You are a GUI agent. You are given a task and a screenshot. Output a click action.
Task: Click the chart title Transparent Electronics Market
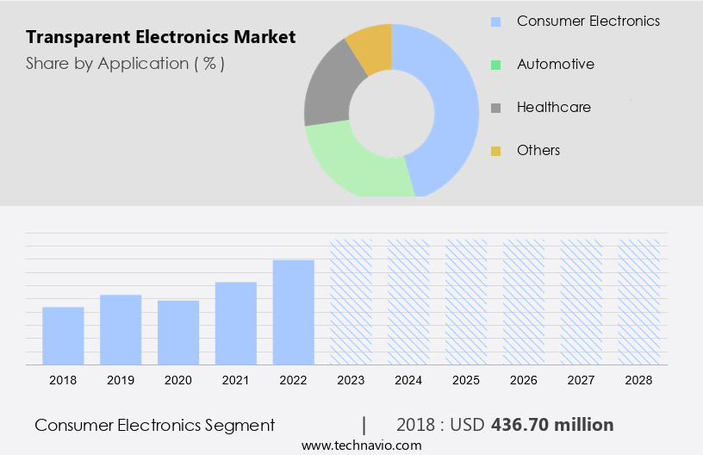click(160, 37)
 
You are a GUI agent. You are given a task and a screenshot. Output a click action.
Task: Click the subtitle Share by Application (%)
click(125, 64)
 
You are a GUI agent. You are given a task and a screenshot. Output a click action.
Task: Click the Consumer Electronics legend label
click(588, 21)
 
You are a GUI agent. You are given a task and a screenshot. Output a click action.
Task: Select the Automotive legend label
click(555, 64)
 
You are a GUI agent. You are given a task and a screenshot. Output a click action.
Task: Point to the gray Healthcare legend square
click(495, 108)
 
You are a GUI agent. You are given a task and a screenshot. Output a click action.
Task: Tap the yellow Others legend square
click(495, 151)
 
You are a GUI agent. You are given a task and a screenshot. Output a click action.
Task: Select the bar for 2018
click(63, 335)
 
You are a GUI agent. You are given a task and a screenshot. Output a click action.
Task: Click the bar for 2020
click(178, 332)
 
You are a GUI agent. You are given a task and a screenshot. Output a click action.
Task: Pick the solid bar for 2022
click(294, 312)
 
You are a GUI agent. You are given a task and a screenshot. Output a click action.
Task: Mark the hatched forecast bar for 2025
click(466, 302)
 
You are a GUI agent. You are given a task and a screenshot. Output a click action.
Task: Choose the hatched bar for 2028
click(639, 302)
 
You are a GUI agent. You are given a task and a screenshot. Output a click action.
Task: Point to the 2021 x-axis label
click(236, 380)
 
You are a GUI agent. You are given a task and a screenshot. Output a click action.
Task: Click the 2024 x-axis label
click(408, 380)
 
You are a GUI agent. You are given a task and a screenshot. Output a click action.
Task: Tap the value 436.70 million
click(552, 425)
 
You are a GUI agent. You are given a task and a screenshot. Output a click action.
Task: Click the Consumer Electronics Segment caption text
click(155, 425)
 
